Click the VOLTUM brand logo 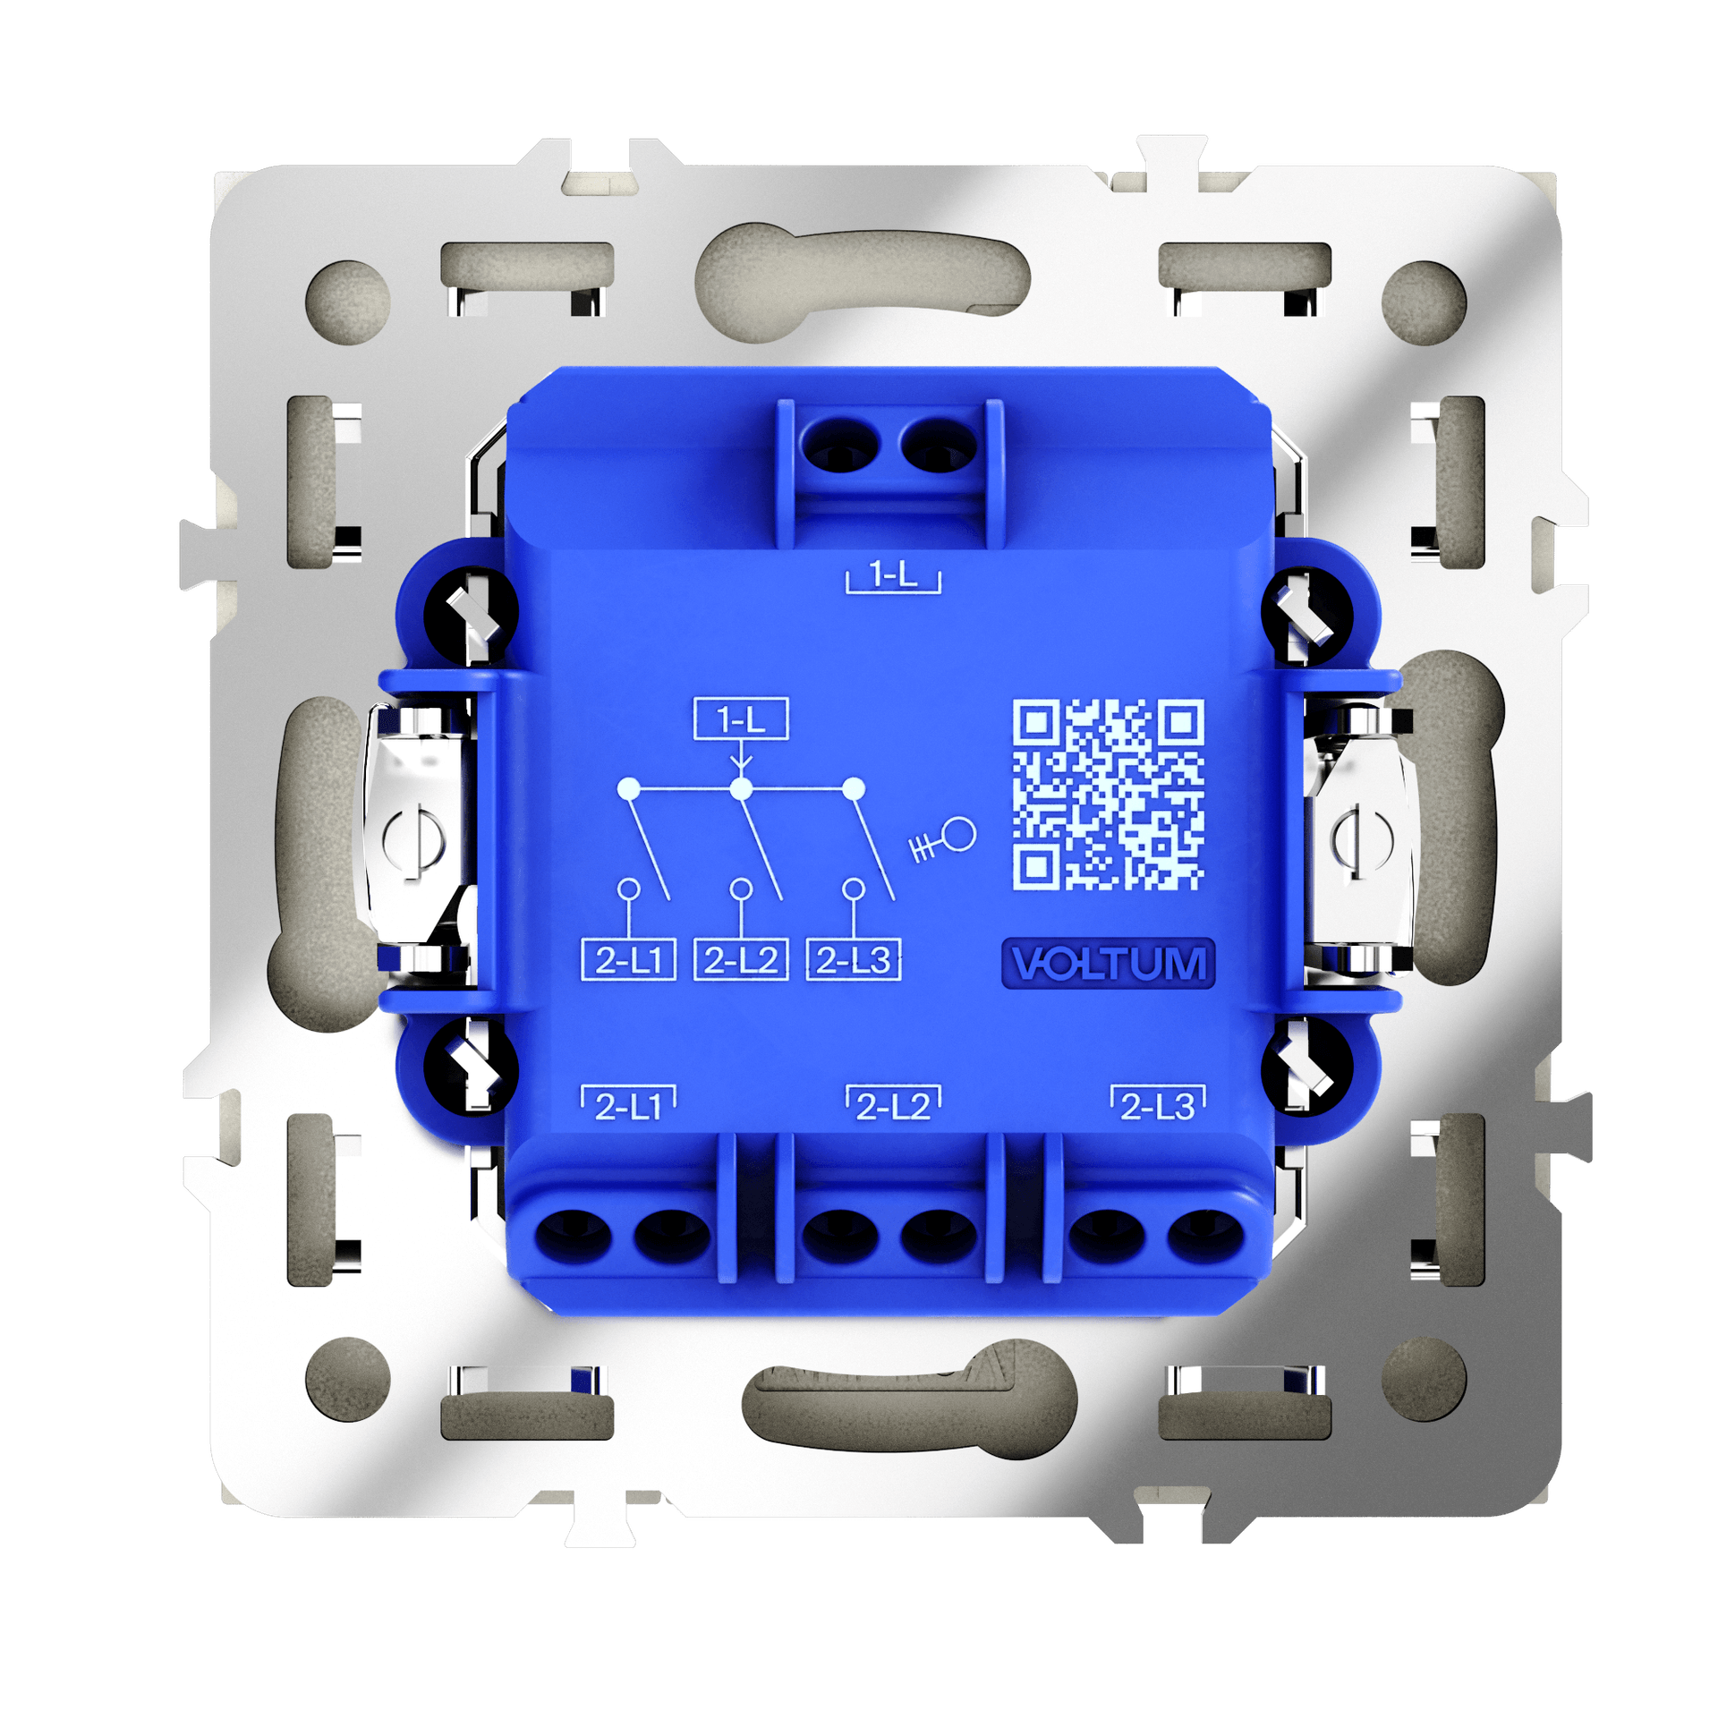pos(1108,964)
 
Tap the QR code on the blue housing pos(1108,795)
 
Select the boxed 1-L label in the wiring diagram pos(741,719)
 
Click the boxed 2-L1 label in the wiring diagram pos(628,960)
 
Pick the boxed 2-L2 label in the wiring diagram pos(741,960)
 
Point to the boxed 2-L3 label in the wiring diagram pos(854,960)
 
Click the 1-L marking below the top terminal pos(893,574)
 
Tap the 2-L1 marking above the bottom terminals pos(628,1104)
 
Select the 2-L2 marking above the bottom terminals pos(893,1104)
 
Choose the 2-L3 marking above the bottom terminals pos(1158,1104)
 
